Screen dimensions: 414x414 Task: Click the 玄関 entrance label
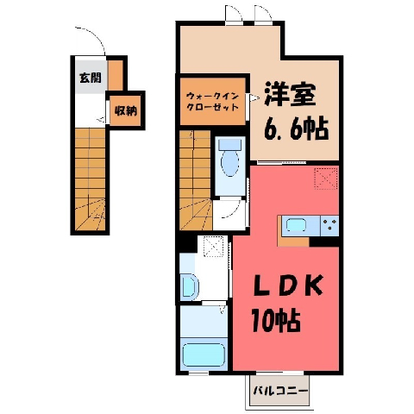click(x=91, y=78)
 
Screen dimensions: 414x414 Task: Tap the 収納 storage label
click(x=126, y=111)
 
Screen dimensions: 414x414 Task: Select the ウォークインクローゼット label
click(x=213, y=101)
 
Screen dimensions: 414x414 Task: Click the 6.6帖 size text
click(x=296, y=129)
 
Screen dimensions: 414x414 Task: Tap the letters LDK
click(x=287, y=285)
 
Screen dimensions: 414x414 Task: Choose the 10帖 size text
click(x=276, y=321)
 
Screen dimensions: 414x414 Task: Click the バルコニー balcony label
click(x=280, y=391)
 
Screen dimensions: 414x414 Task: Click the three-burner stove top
click(x=329, y=225)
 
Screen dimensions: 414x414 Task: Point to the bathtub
click(x=204, y=355)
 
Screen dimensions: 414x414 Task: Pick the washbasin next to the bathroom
click(x=189, y=285)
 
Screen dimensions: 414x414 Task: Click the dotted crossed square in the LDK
click(x=326, y=179)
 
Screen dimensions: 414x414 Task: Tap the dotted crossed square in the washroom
click(x=213, y=247)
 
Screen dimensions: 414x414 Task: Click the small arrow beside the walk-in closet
click(x=254, y=97)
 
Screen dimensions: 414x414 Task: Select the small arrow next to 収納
click(x=102, y=119)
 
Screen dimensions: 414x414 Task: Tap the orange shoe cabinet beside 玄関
click(x=116, y=75)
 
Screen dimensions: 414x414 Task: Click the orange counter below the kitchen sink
click(x=293, y=241)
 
